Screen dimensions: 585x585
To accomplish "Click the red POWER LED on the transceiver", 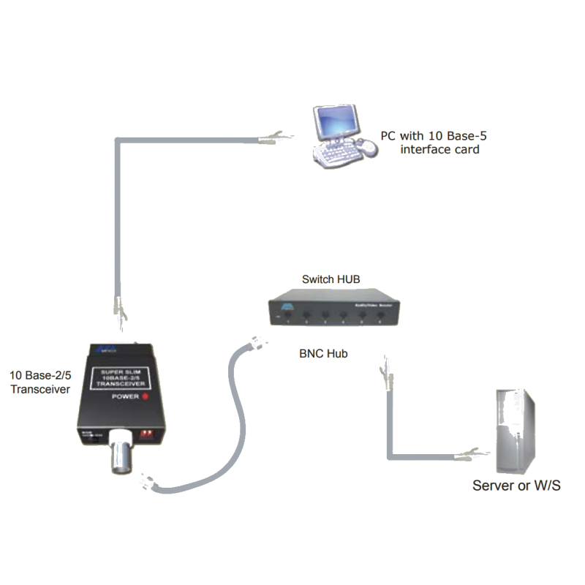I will [x=146, y=396].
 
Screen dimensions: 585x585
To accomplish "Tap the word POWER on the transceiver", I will [x=124, y=396].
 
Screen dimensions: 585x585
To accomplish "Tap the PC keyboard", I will [x=336, y=151].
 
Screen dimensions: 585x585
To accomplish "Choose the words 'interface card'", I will [x=440, y=150].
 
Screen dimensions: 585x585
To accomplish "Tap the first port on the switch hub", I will [x=290, y=317].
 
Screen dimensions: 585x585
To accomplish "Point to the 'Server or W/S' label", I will [x=516, y=486].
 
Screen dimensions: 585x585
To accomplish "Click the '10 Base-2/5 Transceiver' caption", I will [x=39, y=384].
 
